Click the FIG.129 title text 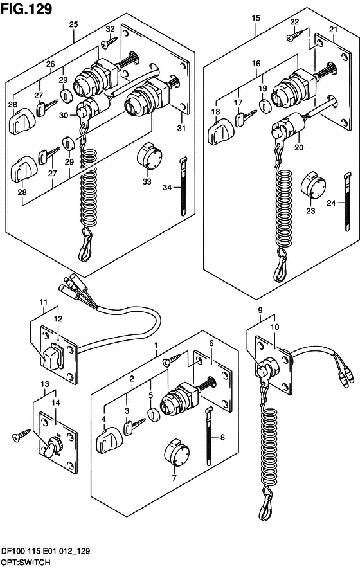pyautogui.click(x=26, y=8)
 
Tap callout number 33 pyautogui.click(x=147, y=181)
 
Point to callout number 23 pyautogui.click(x=310, y=211)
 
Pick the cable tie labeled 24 pyautogui.click(x=347, y=201)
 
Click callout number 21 pyautogui.click(x=333, y=30)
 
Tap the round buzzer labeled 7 pyautogui.click(x=176, y=454)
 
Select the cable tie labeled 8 pyautogui.click(x=210, y=436)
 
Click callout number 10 pyautogui.click(x=274, y=327)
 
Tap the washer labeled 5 pyautogui.click(x=154, y=415)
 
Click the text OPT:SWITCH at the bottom pyautogui.click(x=26, y=562)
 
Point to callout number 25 pyautogui.click(x=73, y=24)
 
